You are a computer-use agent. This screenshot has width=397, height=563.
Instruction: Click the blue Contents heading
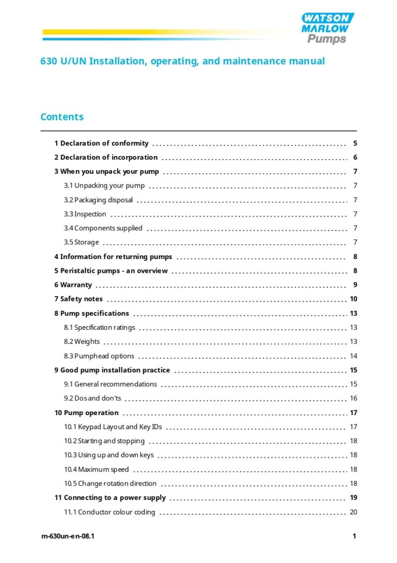tap(62, 117)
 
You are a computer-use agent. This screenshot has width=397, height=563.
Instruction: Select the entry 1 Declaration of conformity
tap(101, 143)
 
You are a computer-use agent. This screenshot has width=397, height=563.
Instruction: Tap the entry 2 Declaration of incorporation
tap(106, 157)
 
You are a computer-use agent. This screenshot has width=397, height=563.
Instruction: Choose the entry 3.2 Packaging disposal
tap(98, 200)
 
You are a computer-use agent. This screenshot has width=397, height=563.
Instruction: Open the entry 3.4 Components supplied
tap(103, 228)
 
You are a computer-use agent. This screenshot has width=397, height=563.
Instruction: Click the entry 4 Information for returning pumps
tap(113, 256)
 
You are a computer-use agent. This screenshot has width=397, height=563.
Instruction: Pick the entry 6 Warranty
tap(73, 285)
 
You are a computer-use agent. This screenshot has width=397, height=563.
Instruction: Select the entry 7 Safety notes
tap(79, 299)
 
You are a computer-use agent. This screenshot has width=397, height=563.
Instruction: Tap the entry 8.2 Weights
tap(82, 342)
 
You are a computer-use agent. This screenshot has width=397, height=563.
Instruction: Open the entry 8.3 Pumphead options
tap(99, 356)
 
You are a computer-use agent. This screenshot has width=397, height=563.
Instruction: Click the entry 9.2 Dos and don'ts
tap(93, 398)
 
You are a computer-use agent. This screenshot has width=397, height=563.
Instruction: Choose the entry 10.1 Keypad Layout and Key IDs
tap(113, 427)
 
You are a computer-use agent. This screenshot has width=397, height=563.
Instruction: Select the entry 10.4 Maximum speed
tap(96, 469)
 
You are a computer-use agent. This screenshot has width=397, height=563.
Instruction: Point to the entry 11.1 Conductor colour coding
tap(110, 512)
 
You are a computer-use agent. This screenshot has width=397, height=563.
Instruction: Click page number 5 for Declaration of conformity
tap(355, 143)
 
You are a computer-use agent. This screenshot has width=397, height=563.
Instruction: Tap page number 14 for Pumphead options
tap(354, 356)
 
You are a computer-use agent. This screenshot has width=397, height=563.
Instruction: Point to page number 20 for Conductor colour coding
tap(354, 512)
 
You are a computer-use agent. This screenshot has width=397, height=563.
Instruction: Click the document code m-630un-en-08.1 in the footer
tap(68, 536)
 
